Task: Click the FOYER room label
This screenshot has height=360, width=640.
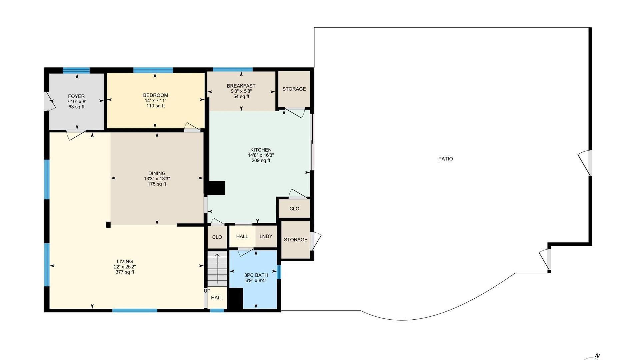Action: pyautogui.click(x=76, y=96)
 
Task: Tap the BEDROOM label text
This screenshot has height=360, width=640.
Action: pyautogui.click(x=156, y=95)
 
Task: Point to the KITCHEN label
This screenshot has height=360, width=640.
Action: pyautogui.click(x=261, y=150)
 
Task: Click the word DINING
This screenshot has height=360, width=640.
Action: pyautogui.click(x=157, y=173)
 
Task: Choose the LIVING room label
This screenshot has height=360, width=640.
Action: pyautogui.click(x=125, y=262)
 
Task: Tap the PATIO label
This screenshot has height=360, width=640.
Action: pyautogui.click(x=446, y=159)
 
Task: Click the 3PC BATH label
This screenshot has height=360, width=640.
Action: pyautogui.click(x=256, y=275)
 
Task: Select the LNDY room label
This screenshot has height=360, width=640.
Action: pyautogui.click(x=266, y=236)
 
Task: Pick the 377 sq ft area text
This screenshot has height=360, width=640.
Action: pyautogui.click(x=125, y=272)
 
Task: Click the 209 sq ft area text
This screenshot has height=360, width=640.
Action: pyautogui.click(x=261, y=161)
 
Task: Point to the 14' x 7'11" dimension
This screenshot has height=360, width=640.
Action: pyautogui.click(x=156, y=101)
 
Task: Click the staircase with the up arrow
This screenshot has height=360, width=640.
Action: pyautogui.click(x=217, y=269)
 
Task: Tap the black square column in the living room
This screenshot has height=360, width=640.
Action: pyautogui.click(x=108, y=225)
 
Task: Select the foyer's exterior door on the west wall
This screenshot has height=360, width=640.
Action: pyautogui.click(x=49, y=101)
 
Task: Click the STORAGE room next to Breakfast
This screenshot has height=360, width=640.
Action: pyautogui.click(x=294, y=89)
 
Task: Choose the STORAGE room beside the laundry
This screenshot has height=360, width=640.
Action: pyautogui.click(x=296, y=239)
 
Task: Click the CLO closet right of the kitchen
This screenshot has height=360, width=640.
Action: pyautogui.click(x=294, y=209)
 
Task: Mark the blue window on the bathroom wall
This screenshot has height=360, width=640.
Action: pyautogui.click(x=279, y=272)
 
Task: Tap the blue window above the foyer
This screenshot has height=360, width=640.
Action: pyautogui.click(x=76, y=70)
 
